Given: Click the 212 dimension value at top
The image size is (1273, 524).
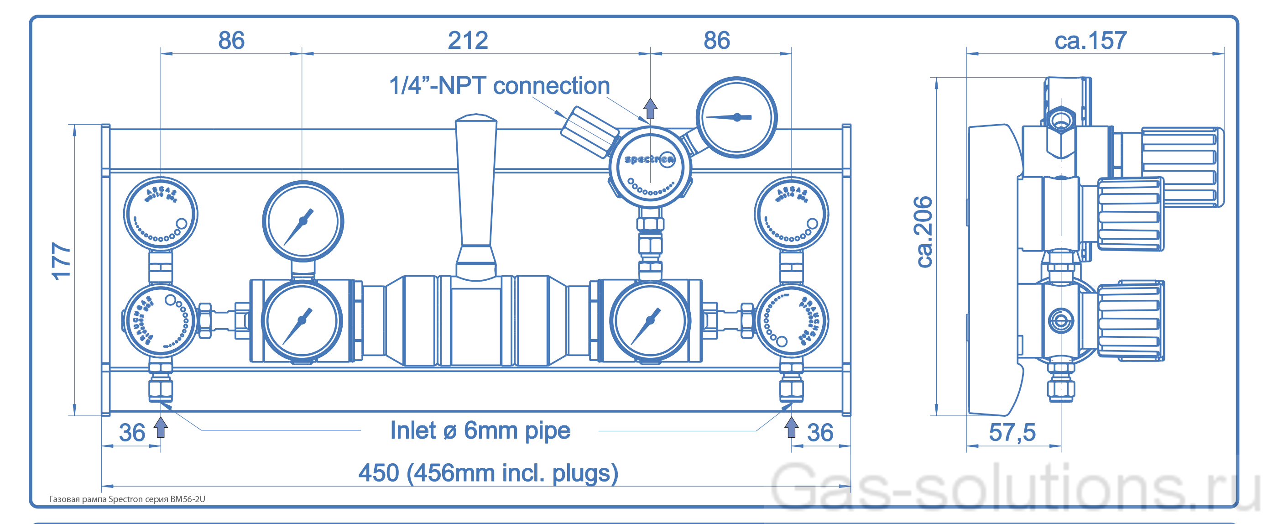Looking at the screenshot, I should [468, 41].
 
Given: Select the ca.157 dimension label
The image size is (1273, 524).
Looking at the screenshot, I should [1090, 41].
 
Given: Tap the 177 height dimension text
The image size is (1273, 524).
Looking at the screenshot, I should [61, 261].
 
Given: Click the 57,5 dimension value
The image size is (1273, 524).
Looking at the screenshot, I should [1012, 433].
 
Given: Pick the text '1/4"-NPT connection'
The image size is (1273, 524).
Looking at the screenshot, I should [499, 85].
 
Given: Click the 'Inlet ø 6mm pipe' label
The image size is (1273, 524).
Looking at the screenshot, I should [480, 430].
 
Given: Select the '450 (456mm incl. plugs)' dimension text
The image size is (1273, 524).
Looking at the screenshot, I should [488, 472].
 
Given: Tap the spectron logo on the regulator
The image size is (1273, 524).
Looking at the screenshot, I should [649, 159].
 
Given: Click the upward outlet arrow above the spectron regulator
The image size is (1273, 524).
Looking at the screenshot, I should [650, 108].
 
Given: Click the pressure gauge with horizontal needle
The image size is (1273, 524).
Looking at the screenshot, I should [736, 117].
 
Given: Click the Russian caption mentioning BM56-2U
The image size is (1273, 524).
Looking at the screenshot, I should [127, 499].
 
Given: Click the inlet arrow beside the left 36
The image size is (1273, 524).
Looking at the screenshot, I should [161, 428].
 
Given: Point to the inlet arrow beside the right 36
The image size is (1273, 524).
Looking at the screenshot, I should [791, 428].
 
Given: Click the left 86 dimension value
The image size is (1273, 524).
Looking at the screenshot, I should [231, 41].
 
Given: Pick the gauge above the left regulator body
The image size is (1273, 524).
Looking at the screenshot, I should [303, 221].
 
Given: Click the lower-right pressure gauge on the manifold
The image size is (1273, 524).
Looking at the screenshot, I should [650, 320].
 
